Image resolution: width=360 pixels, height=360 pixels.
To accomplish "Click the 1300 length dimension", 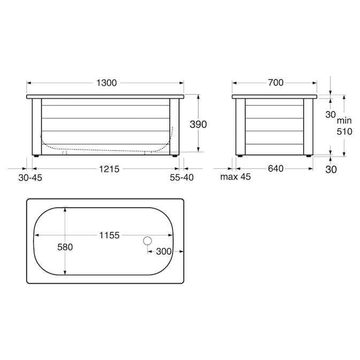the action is coord(106,83).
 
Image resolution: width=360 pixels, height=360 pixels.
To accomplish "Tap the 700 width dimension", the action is coord(275,83).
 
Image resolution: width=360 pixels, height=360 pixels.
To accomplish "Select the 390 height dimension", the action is coord(198,124).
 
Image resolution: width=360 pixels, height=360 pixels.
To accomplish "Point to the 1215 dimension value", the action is coord(109,169).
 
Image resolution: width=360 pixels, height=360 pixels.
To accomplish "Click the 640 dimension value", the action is coord(275,168).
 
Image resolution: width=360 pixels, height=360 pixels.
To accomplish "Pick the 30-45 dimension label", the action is coord(30,178).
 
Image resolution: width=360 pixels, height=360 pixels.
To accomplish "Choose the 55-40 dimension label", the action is coord(182,178).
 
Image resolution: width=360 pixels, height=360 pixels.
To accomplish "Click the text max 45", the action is coord(235,177).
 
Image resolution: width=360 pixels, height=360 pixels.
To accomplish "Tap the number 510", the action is coord(344,132).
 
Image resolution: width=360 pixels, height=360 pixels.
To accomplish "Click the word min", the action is coord(344,120).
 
